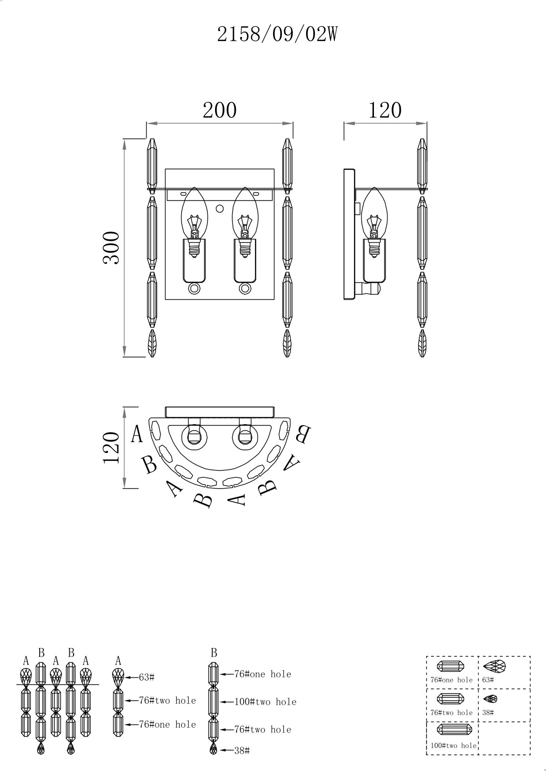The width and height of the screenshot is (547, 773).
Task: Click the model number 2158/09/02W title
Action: pyautogui.click(x=277, y=35)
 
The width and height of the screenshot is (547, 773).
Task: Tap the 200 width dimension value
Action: pyautogui.click(x=220, y=110)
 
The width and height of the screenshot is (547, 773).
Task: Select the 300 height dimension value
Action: pyautogui.click(x=111, y=248)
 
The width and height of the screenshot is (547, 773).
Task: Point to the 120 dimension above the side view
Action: pyautogui.click(x=385, y=110)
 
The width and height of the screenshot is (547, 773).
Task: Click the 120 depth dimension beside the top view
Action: pyautogui.click(x=111, y=448)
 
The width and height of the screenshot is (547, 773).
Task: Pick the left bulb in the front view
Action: pyautogui.click(x=194, y=222)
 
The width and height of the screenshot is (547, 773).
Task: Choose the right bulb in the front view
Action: pyautogui.click(x=245, y=222)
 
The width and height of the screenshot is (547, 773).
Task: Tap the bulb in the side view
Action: pyautogui.click(x=374, y=222)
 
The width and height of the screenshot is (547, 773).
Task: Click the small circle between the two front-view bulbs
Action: pyautogui.click(x=219, y=208)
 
